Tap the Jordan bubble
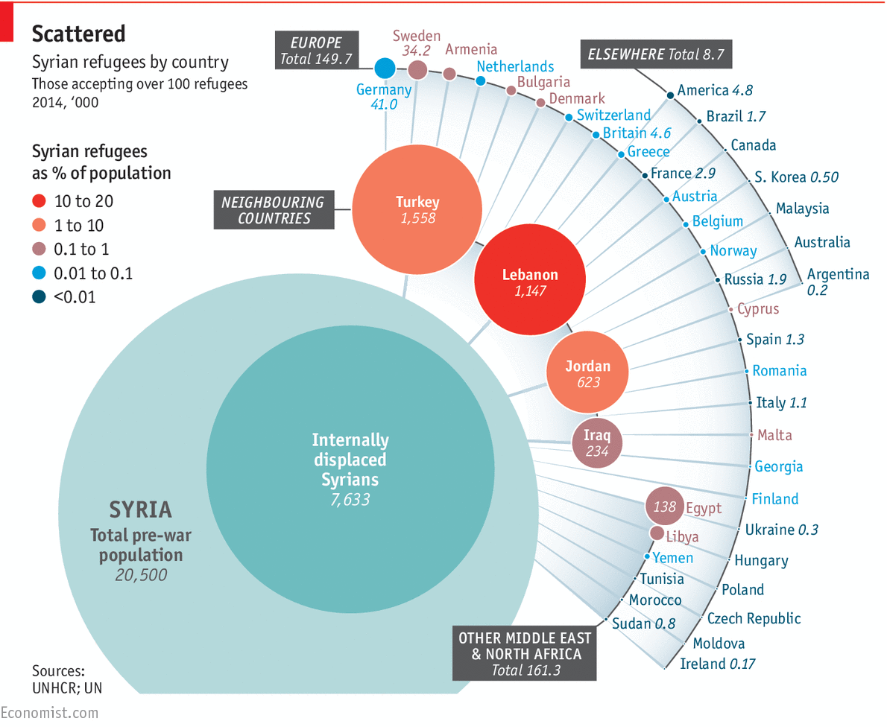[587, 372]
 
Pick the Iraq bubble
[597, 442]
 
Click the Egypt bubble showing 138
[664, 507]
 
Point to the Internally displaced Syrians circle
[350, 462]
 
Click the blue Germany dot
[385, 69]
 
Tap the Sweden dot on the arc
[417, 70]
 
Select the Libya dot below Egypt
[657, 533]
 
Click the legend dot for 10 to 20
[40, 201]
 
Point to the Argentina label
[838, 274]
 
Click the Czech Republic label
[754, 618]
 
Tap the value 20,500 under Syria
[141, 575]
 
